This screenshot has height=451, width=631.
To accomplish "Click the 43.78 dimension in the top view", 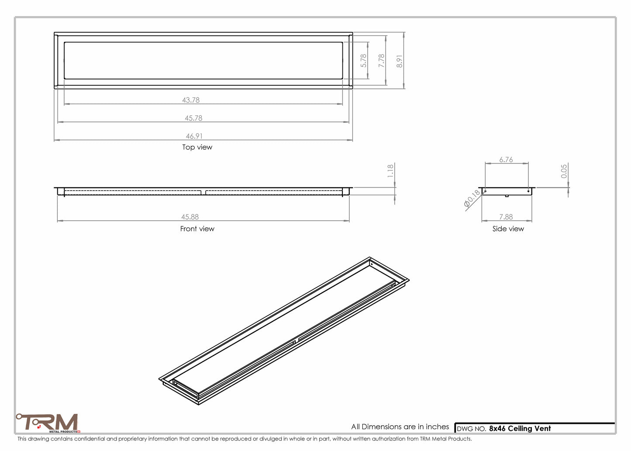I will [x=191, y=100].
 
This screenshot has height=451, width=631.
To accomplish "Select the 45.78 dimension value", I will [x=193, y=118].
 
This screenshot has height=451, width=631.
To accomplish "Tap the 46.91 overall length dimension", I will [x=194, y=136].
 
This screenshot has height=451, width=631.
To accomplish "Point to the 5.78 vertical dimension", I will [x=363, y=60].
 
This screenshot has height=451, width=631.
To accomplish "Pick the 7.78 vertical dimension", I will [x=382, y=60].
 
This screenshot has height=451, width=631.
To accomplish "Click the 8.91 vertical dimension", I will [x=399, y=61].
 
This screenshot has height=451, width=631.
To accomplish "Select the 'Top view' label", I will [x=197, y=147].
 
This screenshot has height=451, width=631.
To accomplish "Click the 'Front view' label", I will [x=197, y=229].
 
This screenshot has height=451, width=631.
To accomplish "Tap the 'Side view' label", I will [x=508, y=229].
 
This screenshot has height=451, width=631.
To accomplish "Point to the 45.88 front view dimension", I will [x=190, y=217].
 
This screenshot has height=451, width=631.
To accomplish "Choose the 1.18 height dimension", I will [x=390, y=170].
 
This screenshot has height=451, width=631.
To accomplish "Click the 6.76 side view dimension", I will [x=506, y=160].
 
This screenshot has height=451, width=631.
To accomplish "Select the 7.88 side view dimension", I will [x=506, y=217].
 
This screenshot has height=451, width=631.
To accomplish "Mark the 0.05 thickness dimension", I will [x=564, y=171].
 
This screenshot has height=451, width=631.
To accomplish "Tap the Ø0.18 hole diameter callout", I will [x=472, y=198].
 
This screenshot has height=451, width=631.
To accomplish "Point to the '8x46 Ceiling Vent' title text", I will [x=520, y=429].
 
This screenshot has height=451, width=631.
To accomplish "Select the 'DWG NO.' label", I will [x=471, y=429].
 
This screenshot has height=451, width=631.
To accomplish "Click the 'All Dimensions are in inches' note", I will [x=400, y=427].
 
